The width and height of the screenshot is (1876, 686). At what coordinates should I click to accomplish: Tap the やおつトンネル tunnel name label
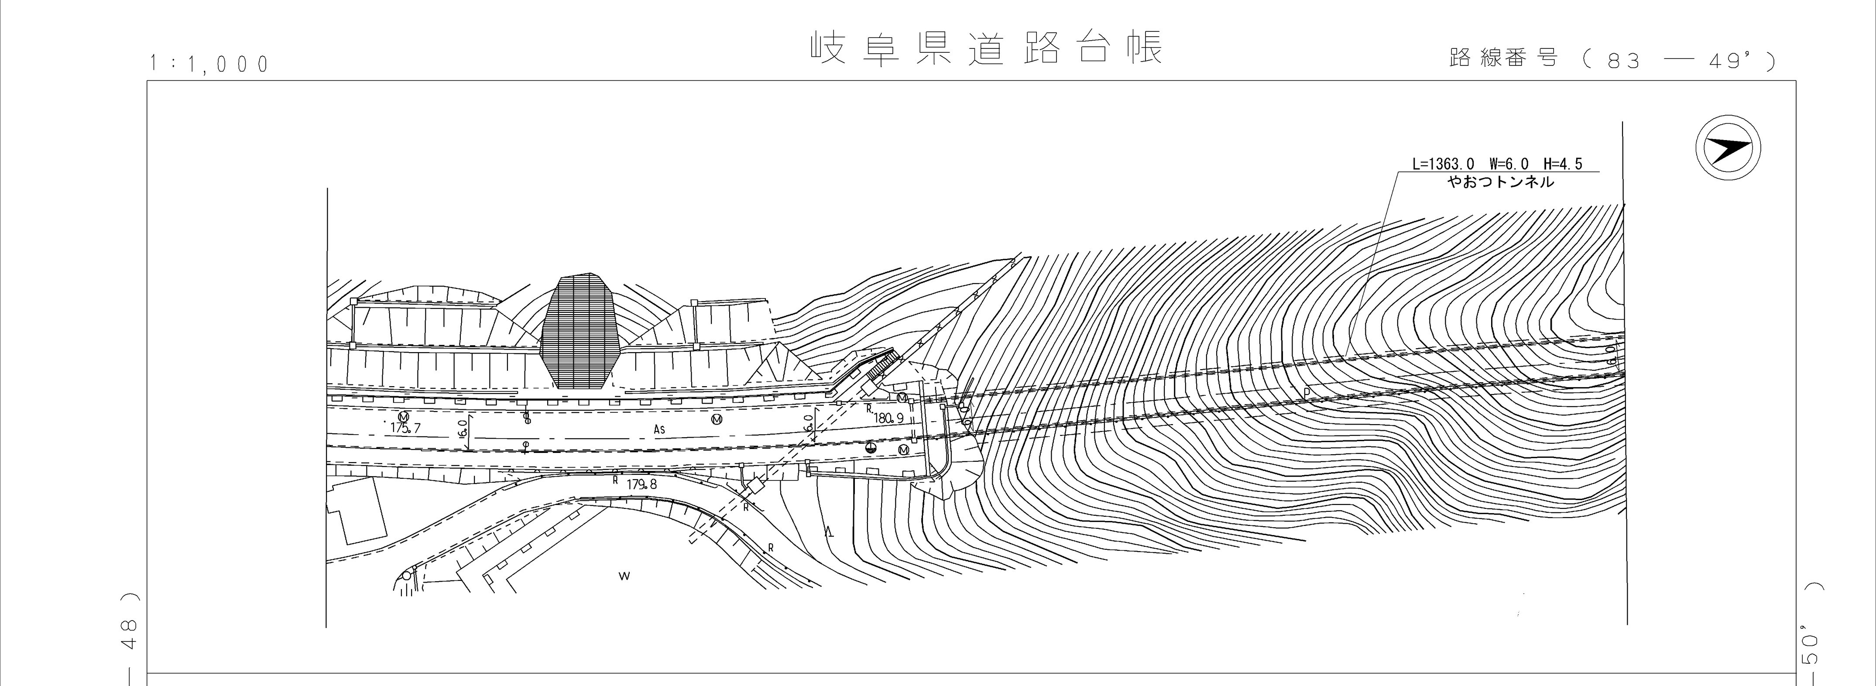coord(1500,182)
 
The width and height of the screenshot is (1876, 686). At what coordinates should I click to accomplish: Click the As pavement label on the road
coord(659,430)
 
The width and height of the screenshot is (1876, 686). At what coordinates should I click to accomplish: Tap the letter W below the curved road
coord(624,576)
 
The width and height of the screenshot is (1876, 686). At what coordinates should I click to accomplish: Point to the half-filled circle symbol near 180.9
coord(872,447)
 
